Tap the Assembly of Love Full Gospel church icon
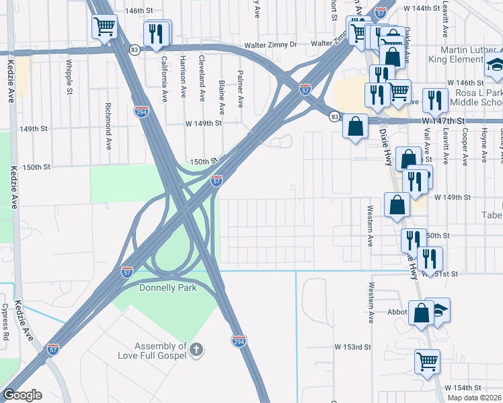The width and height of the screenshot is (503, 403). [196, 350]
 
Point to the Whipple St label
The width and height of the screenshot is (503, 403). [69, 77]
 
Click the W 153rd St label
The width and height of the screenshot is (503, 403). [353, 347]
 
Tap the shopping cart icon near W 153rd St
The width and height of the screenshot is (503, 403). [428, 361]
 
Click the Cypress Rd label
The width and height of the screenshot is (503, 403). [5, 322]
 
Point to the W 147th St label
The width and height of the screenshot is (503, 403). [443, 120]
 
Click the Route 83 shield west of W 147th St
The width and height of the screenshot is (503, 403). [334, 117]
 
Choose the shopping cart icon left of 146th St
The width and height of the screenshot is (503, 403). [104, 27]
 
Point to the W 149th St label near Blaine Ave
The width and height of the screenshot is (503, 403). [204, 124]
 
